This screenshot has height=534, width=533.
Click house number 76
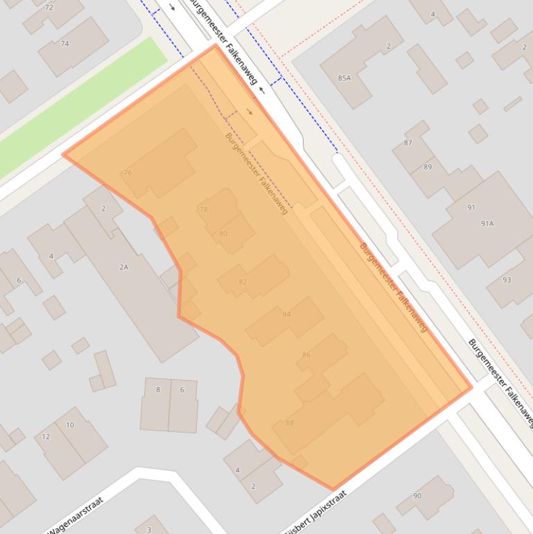(x=128, y=173)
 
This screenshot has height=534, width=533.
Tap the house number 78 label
(x=203, y=209)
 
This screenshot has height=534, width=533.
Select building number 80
(x=223, y=234)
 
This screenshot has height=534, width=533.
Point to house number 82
(x=243, y=282)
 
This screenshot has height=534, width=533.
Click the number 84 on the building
(x=287, y=314)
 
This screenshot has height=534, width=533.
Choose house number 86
(x=306, y=354)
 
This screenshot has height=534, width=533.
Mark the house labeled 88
(x=290, y=422)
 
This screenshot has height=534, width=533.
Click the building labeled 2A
(x=124, y=266)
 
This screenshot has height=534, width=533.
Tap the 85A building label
(x=344, y=78)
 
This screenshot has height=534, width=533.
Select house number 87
(x=408, y=143)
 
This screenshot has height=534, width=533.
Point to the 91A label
(x=487, y=223)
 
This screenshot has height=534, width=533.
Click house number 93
(x=507, y=279)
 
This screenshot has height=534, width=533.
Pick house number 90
(x=417, y=495)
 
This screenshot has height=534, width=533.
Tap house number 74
(x=65, y=44)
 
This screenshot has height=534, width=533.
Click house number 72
(x=49, y=8)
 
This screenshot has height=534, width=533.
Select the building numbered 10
(x=70, y=425)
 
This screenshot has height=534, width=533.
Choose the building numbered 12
(x=46, y=436)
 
